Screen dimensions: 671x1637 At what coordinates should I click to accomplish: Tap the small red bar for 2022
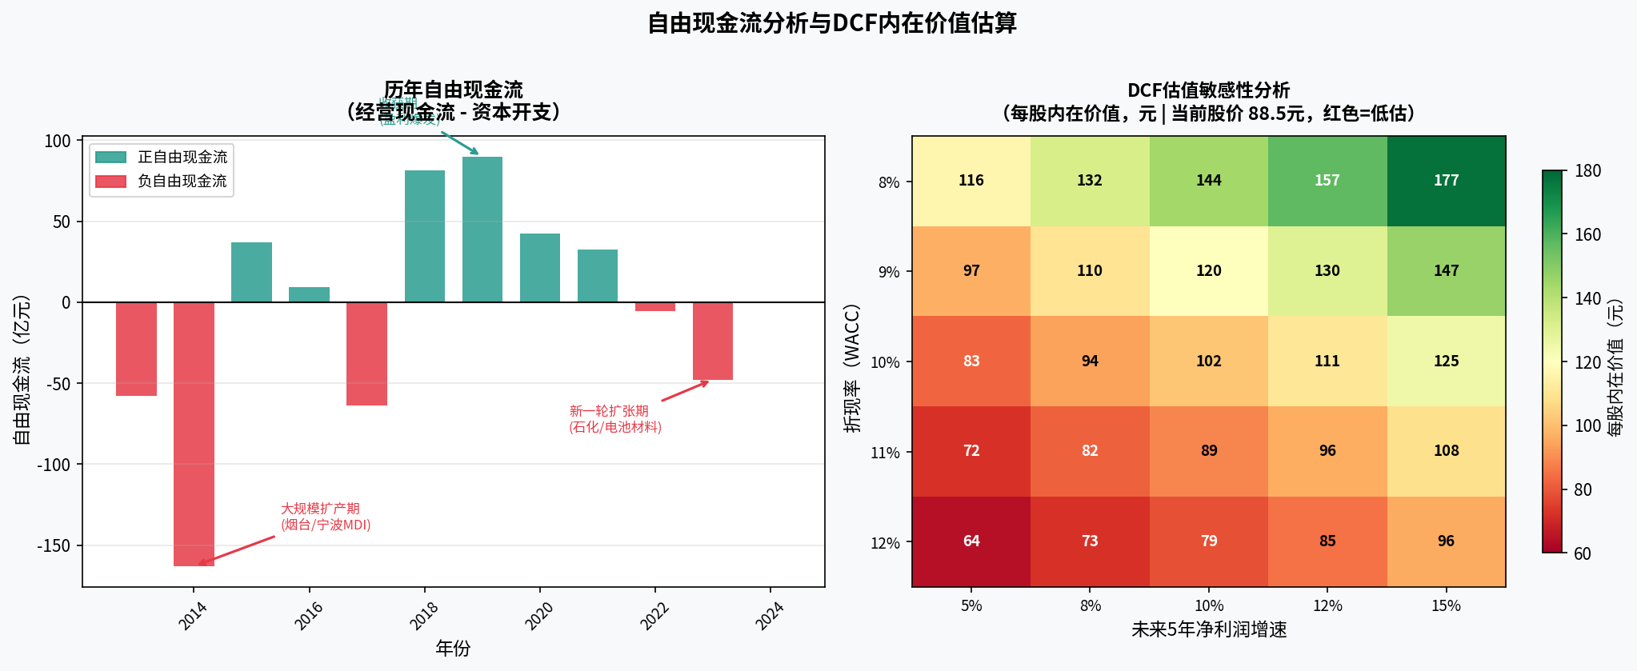(x=655, y=306)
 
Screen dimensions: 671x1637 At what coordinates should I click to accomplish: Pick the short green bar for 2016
(x=309, y=294)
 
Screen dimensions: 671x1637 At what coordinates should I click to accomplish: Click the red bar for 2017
(x=366, y=353)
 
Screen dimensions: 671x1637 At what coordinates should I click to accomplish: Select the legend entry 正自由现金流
(x=182, y=157)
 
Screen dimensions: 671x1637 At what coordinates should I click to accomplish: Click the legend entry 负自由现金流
(x=182, y=182)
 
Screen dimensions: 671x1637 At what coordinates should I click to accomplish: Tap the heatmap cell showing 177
(x=1446, y=181)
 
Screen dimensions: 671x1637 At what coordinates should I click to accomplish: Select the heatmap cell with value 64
(x=971, y=541)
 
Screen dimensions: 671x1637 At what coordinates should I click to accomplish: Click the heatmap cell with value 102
(x=1208, y=361)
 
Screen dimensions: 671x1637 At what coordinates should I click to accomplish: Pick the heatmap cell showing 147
(x=1446, y=271)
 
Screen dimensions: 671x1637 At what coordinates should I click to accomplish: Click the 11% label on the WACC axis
(x=885, y=453)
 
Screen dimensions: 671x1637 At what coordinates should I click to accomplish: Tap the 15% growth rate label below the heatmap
(x=1446, y=606)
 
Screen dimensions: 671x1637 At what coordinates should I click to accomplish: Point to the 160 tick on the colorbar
(x=1587, y=234)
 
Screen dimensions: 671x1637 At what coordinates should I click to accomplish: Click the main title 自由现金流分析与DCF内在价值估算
(x=831, y=23)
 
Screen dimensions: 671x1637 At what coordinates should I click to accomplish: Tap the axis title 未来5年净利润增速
(x=1208, y=630)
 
